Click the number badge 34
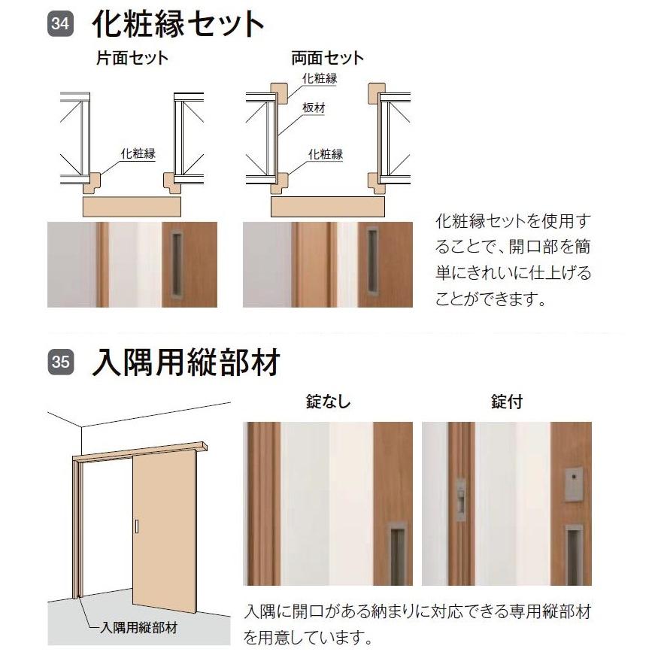pyautogui.click(x=61, y=24)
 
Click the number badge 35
pyautogui.click(x=61, y=362)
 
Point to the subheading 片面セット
pyautogui.click(x=132, y=58)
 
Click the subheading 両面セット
pyautogui.click(x=327, y=58)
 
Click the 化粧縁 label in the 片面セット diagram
pyautogui.click(x=138, y=154)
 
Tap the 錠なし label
pyautogui.click(x=328, y=402)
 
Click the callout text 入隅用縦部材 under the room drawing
pyautogui.click(x=140, y=626)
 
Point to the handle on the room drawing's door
pyautogui.click(x=137, y=527)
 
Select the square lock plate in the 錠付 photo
pyautogui.click(x=573, y=485)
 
